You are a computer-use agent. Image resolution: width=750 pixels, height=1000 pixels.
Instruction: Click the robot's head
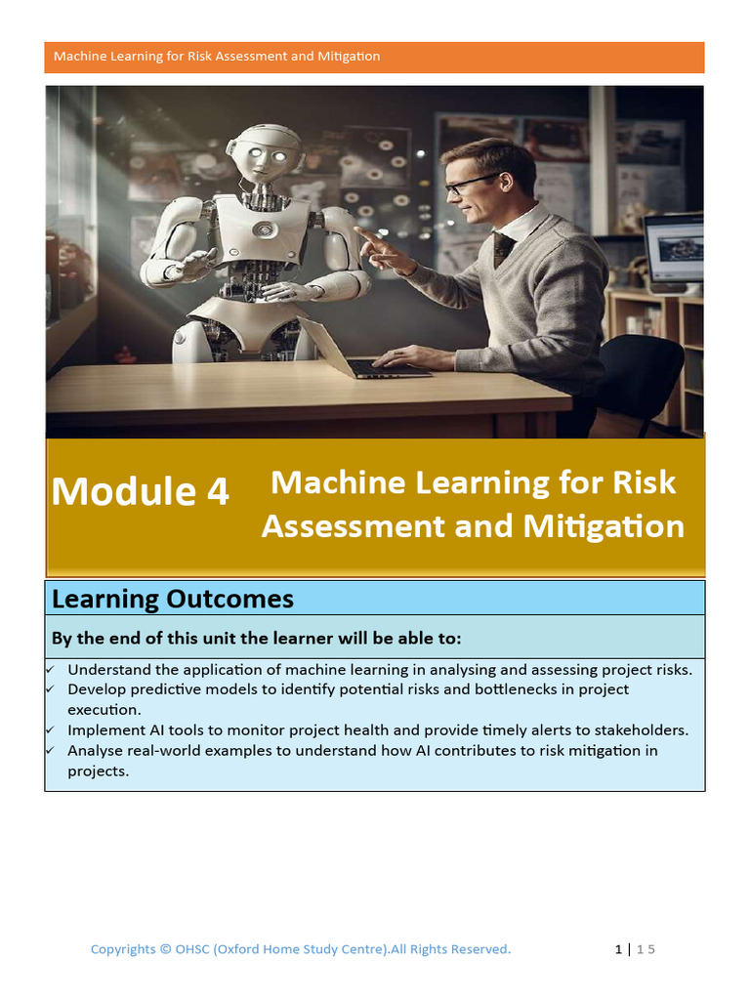[264, 156]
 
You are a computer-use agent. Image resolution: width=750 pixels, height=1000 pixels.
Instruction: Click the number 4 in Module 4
[216, 491]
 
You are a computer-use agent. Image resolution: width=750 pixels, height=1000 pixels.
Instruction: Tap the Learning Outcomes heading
[172, 598]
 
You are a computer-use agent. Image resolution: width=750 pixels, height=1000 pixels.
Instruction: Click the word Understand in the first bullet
[108, 670]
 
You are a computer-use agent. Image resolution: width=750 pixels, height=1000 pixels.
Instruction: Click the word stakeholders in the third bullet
[641, 729]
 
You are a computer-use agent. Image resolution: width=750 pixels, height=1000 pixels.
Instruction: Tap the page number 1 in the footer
[618, 949]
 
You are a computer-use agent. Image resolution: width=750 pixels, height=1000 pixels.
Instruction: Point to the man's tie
[502, 248]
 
